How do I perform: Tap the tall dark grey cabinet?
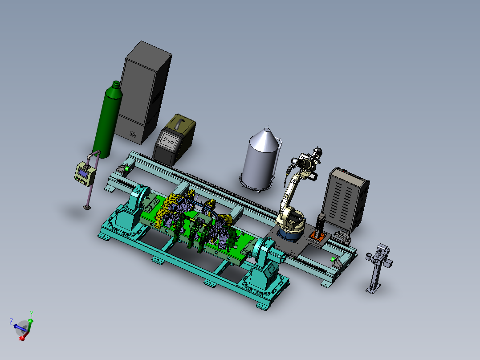(143, 92)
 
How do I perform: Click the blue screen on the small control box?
(83, 173)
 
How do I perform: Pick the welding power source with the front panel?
(174, 139)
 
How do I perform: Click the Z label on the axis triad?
(11, 321)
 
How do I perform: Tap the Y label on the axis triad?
(32, 314)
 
